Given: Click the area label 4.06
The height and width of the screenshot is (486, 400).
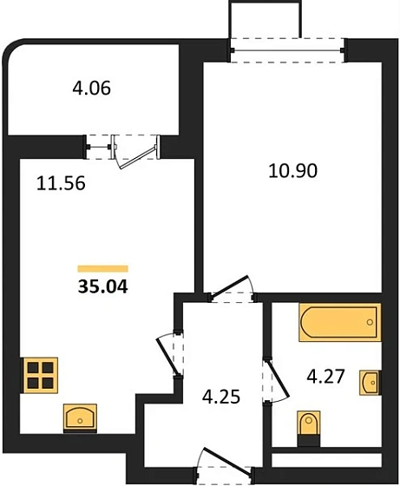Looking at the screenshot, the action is click(x=91, y=89).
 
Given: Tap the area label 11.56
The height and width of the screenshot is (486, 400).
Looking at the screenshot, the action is click(x=61, y=183).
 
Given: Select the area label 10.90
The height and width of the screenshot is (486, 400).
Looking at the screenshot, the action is click(x=292, y=170).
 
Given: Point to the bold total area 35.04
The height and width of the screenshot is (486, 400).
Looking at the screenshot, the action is click(x=103, y=286).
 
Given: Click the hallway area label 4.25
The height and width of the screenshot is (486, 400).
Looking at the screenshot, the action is click(x=221, y=397).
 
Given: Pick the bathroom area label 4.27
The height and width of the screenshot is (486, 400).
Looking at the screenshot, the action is click(x=325, y=377).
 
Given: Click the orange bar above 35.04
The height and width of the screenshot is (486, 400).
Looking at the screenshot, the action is click(x=103, y=269).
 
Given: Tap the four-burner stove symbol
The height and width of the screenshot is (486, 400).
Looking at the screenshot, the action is click(x=39, y=375).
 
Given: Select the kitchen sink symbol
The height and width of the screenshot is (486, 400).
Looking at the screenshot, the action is click(x=80, y=418).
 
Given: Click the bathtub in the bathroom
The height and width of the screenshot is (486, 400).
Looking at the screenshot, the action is click(x=340, y=322).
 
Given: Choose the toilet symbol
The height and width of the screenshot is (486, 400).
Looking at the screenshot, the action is click(x=309, y=429).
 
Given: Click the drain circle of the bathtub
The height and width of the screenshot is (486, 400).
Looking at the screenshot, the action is click(x=370, y=322).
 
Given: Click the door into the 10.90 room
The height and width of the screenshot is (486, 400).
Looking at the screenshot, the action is click(x=230, y=287).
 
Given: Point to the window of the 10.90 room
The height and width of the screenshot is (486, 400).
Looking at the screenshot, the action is click(x=287, y=50).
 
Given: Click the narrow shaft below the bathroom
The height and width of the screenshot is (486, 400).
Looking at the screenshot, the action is click(x=326, y=460).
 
